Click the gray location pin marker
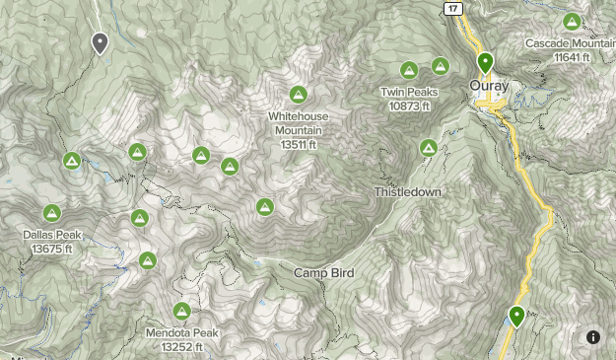100,43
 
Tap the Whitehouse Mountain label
299,123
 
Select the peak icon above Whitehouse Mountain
298,96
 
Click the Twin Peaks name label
409,93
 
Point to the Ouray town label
489,87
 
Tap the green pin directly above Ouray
485,64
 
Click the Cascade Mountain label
571,44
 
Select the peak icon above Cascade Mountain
572,21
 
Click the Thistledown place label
408,191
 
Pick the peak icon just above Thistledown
429,148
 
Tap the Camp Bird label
323,272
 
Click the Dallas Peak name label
53,235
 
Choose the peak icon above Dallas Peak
52,213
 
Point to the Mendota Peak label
181,333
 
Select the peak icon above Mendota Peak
181,311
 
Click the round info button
593,337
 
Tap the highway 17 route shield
452,8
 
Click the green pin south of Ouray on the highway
516,318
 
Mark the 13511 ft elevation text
299,145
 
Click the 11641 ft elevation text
572,58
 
